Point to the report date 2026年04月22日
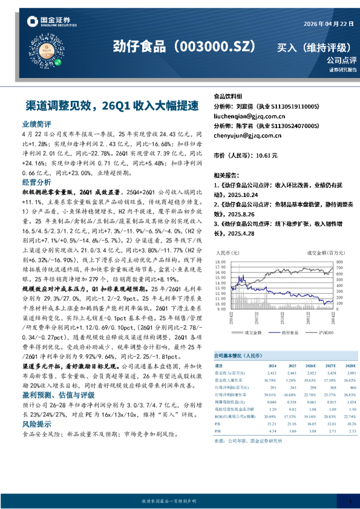point(321,24)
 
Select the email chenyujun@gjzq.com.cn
point(248,136)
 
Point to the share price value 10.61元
point(267,155)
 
